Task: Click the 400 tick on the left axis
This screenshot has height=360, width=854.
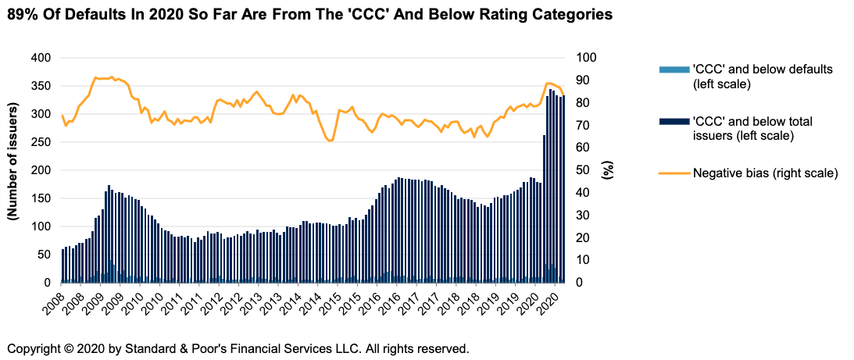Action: (40, 58)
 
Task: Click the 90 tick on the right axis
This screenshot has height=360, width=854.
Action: (586, 80)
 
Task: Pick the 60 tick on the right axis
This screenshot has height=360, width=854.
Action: (586, 148)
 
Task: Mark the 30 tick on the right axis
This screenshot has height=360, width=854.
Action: (586, 216)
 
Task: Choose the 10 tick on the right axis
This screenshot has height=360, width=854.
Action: (586, 260)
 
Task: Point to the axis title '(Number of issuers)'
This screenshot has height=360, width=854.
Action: (13, 170)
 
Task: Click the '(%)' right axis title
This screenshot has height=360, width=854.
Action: (607, 170)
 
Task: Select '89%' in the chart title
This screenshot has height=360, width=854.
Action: (20, 14)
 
